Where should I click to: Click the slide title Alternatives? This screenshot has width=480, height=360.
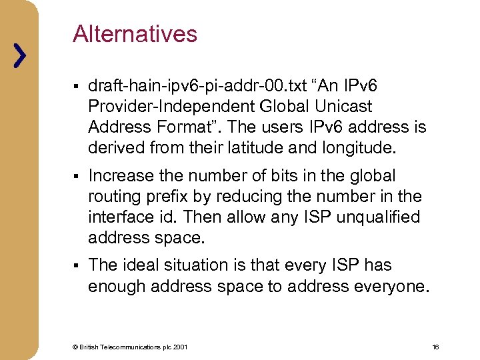(x=135, y=34)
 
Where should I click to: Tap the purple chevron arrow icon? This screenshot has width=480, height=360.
(x=21, y=56)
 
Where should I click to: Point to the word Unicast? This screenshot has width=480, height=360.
(x=344, y=106)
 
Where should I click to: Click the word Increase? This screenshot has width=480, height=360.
(x=120, y=176)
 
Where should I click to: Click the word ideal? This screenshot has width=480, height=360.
(x=139, y=265)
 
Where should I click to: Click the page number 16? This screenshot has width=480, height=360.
(x=435, y=347)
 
